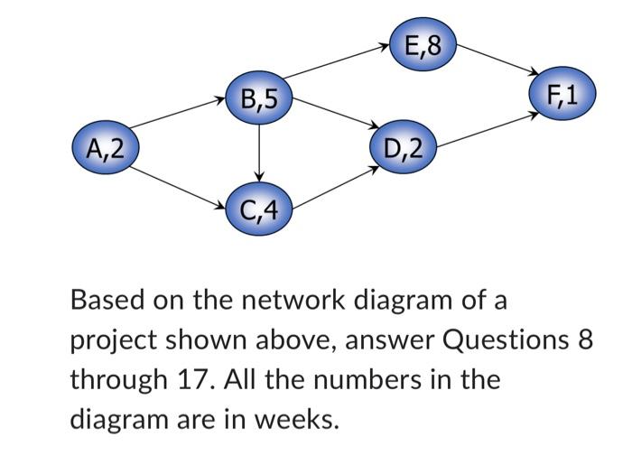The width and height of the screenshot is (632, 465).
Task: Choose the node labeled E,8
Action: coord(423,43)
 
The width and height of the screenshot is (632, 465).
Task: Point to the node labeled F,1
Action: coord(563,95)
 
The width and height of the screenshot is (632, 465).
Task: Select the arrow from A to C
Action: coord(181,179)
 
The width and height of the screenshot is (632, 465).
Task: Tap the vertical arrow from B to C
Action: coord(259,153)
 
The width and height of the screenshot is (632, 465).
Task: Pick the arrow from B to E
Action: coord(339,68)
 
